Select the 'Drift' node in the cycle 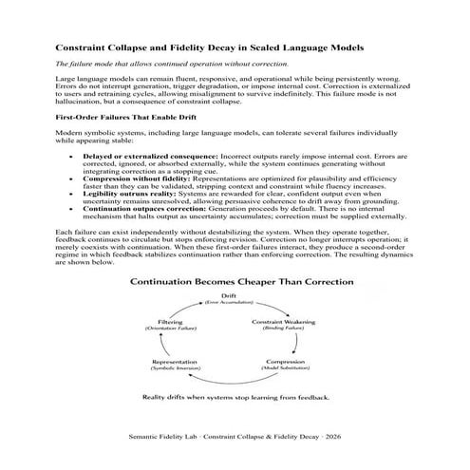coord(235,298)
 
